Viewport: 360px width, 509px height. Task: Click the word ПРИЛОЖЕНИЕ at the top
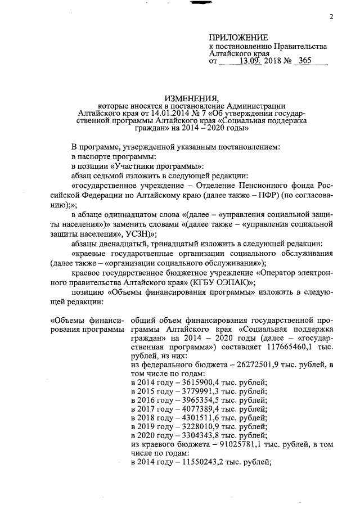237,37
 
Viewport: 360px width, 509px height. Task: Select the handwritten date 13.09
251,62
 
